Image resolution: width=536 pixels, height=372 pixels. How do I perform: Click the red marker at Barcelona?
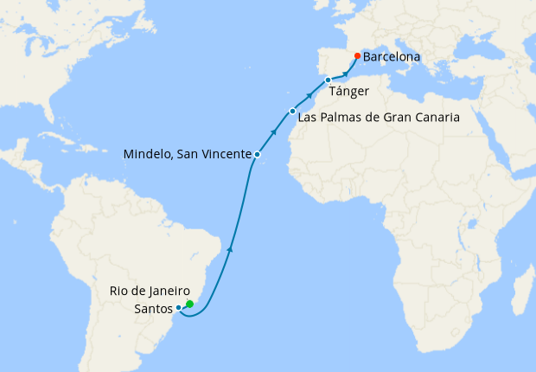point(357,56)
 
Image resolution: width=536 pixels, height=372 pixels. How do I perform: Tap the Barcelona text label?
point(392,57)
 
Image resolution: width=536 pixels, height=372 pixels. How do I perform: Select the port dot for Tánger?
point(328,80)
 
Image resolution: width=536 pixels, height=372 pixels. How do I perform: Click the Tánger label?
point(349,91)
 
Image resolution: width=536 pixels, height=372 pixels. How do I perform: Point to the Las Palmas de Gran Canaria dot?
point(293,111)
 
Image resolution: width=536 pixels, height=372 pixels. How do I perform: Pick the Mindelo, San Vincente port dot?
point(257,154)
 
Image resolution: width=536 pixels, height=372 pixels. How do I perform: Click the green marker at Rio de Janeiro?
point(189,304)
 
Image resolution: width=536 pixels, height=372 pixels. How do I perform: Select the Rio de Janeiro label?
point(150,291)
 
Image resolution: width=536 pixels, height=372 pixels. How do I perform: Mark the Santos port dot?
point(178,307)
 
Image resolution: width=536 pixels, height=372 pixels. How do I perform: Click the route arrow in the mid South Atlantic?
point(230,248)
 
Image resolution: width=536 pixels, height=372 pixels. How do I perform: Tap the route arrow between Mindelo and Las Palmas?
point(274,132)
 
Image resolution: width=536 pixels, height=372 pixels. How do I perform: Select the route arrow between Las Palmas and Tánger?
point(310,94)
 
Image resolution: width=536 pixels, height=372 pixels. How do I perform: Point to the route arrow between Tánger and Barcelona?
point(346,74)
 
